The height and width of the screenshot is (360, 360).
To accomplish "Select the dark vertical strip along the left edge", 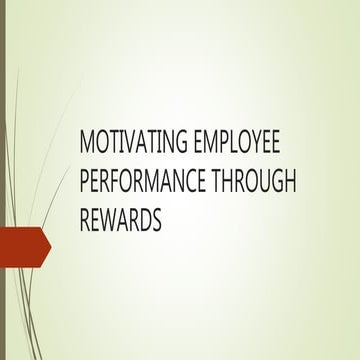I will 3,180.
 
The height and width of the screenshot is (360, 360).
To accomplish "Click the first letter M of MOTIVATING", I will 87,141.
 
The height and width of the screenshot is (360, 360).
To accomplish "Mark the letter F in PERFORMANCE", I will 127,180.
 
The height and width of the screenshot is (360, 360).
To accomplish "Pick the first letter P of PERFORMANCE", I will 85,180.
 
